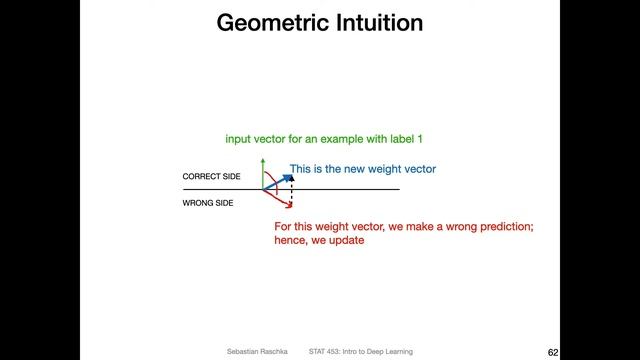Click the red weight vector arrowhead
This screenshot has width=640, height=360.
tap(289, 206)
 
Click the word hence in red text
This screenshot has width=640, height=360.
tap(290, 240)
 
